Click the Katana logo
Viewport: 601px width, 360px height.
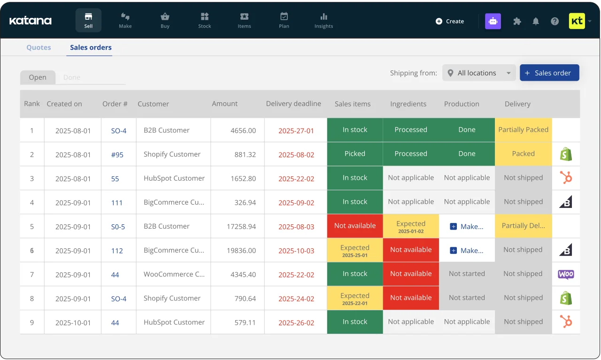[31, 21]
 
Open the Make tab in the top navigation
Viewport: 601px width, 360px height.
[125, 21]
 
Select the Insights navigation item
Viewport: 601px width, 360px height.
[324, 21]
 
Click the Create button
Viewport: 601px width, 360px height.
[450, 21]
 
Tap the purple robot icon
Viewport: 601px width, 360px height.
[493, 21]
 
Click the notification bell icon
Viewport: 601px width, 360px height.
[536, 21]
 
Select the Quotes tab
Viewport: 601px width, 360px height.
[39, 47]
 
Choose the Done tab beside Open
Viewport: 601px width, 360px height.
[72, 77]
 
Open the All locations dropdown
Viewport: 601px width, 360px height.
[479, 73]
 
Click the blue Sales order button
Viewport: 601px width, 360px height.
[549, 73]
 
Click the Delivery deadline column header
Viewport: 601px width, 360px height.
[293, 104]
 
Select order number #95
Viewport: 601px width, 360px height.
[117, 154]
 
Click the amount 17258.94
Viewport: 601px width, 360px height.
[241, 226]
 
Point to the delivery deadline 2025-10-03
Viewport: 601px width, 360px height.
[296, 251]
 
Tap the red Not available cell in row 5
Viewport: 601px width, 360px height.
[355, 226]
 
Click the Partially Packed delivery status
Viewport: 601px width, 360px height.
[523, 130]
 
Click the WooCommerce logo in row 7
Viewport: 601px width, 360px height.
[566, 274]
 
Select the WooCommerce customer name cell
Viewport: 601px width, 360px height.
[174, 274]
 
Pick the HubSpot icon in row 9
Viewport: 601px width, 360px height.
[566, 322]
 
